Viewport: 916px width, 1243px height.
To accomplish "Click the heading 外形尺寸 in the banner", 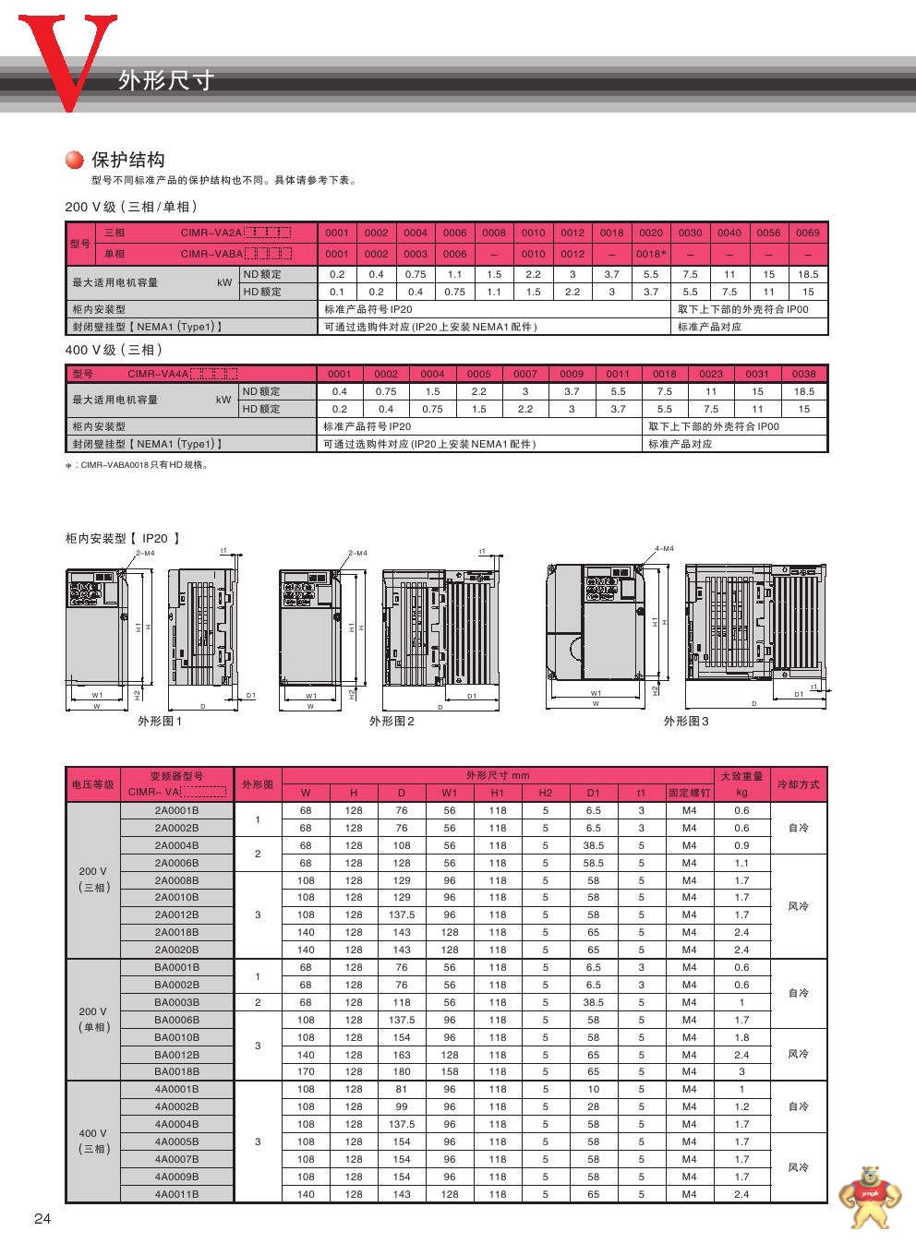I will [166, 80].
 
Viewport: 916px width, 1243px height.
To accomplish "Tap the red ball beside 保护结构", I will [75, 160].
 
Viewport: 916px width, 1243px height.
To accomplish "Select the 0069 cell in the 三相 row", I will [807, 233].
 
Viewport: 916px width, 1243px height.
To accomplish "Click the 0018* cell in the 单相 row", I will [651, 254].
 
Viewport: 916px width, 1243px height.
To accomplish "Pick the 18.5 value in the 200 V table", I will [807, 274].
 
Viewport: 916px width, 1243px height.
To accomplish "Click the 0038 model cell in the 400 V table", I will [803, 374].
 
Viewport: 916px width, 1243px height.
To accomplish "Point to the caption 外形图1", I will [160, 721].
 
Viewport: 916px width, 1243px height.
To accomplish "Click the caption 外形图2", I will [392, 721].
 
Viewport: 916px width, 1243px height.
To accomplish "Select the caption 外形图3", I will [686, 721].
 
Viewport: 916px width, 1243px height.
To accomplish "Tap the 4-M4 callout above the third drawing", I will [664, 548].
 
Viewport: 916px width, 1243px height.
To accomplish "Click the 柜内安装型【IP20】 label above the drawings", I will [122, 538].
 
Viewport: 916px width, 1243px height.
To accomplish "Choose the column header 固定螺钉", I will [689, 793].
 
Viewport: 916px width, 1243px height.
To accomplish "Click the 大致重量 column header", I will [741, 776].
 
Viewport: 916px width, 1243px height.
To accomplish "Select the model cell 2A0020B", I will [176, 950].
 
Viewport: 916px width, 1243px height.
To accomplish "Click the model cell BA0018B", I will [176, 1071].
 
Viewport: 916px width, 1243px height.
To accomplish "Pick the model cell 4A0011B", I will [176, 1194].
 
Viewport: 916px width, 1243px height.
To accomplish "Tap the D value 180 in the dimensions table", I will [402, 1071].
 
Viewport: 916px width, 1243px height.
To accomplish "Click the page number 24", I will [42, 1218].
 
